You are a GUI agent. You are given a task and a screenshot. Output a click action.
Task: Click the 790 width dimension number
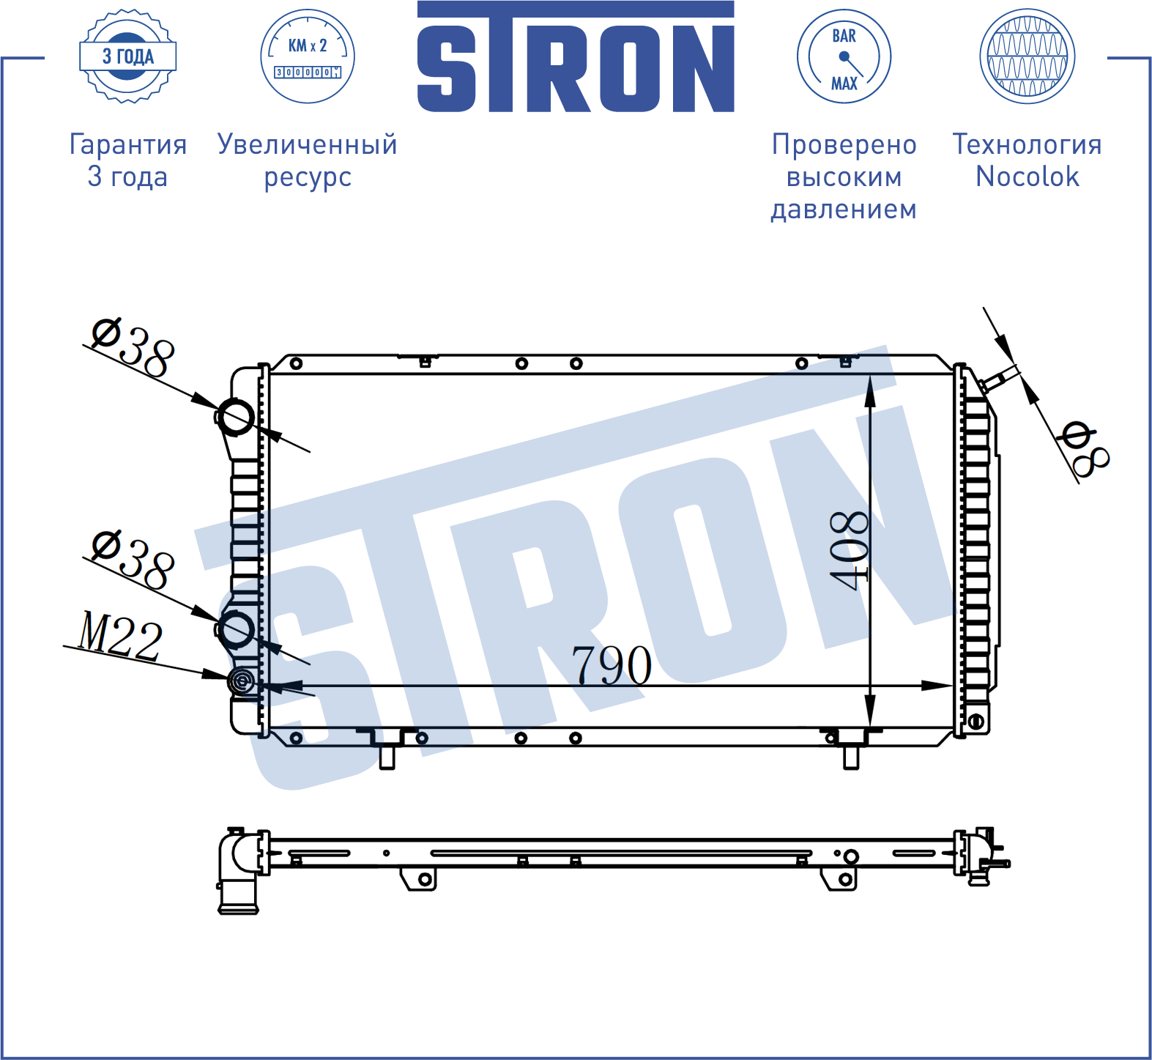(x=612, y=665)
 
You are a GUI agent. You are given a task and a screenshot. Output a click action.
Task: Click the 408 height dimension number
(x=850, y=550)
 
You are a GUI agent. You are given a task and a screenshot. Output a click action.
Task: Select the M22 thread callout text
(x=120, y=634)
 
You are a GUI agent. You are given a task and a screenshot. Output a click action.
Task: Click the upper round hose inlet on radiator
(x=237, y=418)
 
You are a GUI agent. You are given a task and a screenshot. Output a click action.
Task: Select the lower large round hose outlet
(x=237, y=629)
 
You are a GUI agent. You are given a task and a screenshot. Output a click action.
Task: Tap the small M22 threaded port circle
(x=241, y=682)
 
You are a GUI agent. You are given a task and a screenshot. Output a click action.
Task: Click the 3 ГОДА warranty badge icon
(x=127, y=56)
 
